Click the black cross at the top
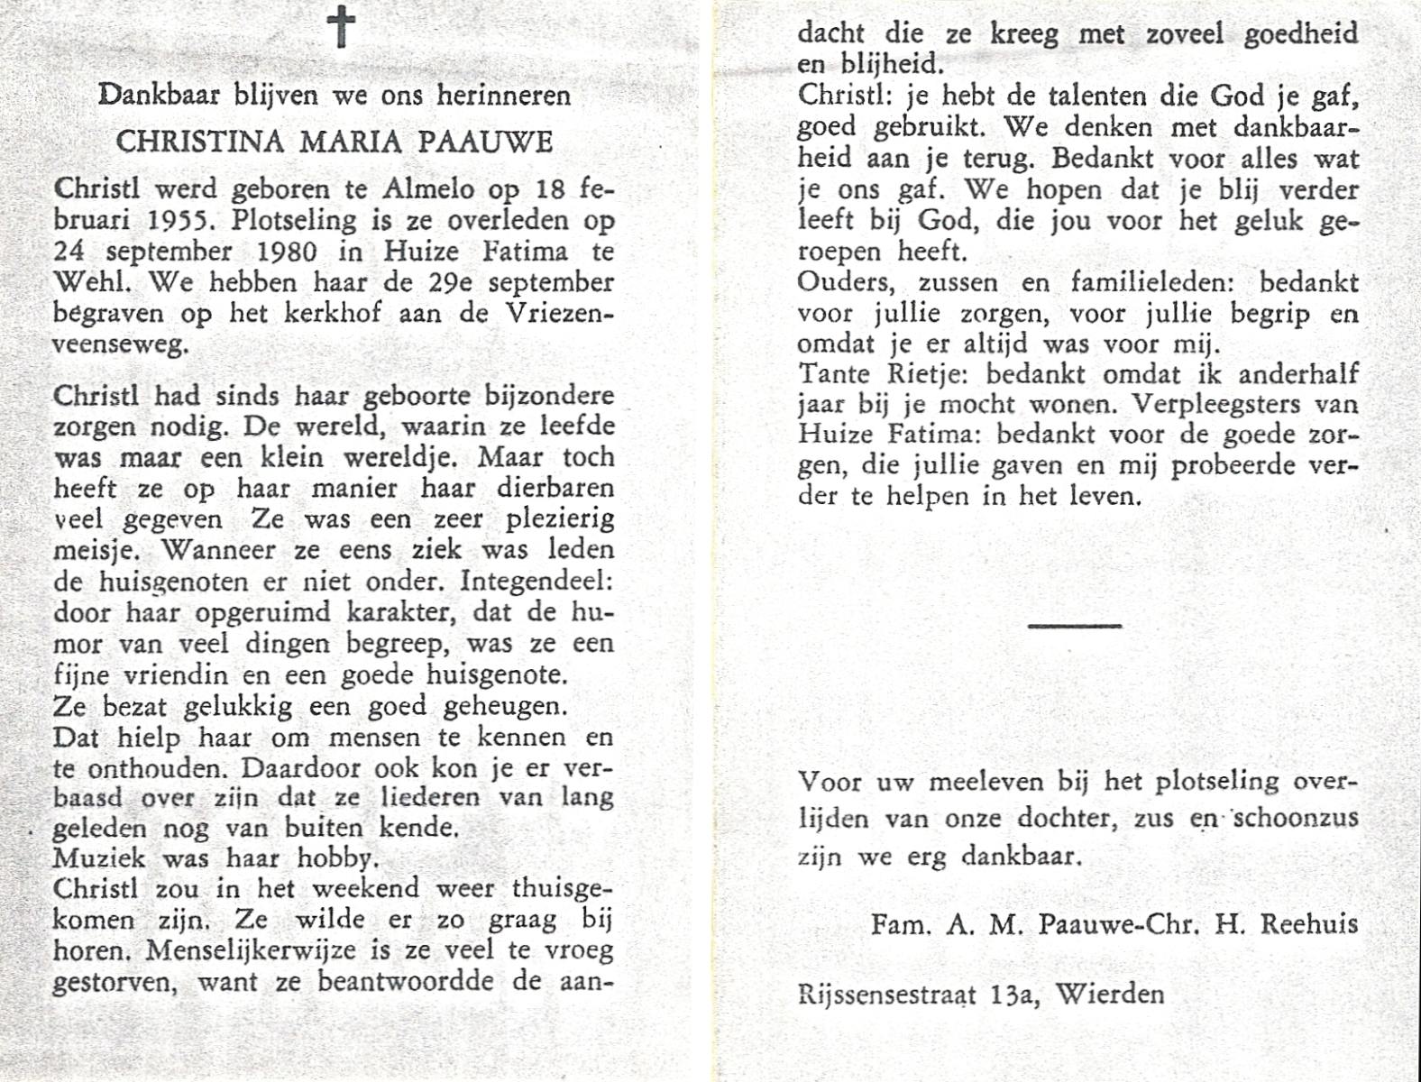pos(342,27)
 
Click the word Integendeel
pos(536,582)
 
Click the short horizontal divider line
pos(1074,625)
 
